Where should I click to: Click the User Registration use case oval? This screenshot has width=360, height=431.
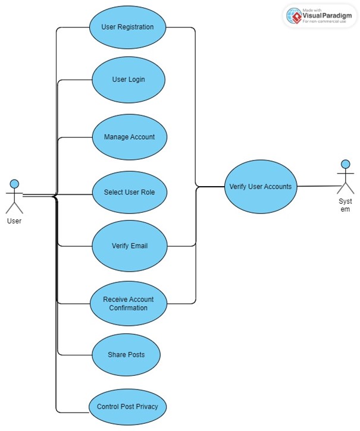127,27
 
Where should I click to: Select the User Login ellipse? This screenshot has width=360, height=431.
129,80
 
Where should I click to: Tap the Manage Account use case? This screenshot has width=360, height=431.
129,137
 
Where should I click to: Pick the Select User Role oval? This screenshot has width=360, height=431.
129,192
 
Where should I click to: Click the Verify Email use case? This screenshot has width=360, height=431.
129,246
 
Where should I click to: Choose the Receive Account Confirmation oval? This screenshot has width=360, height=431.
129,304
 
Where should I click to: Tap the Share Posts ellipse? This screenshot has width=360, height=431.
126,355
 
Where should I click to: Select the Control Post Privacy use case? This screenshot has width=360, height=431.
127,407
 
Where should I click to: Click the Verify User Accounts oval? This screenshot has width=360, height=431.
261,187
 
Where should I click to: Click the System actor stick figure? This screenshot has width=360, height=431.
345,178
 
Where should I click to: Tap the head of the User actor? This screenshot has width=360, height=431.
14,184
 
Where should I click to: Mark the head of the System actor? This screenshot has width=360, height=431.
345,164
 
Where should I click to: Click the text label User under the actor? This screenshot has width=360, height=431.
14,221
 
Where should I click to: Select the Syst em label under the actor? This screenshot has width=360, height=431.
345,205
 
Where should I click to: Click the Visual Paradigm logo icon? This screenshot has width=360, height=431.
294,17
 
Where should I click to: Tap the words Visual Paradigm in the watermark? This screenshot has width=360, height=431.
324,15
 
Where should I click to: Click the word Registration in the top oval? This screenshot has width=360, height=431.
136,27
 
